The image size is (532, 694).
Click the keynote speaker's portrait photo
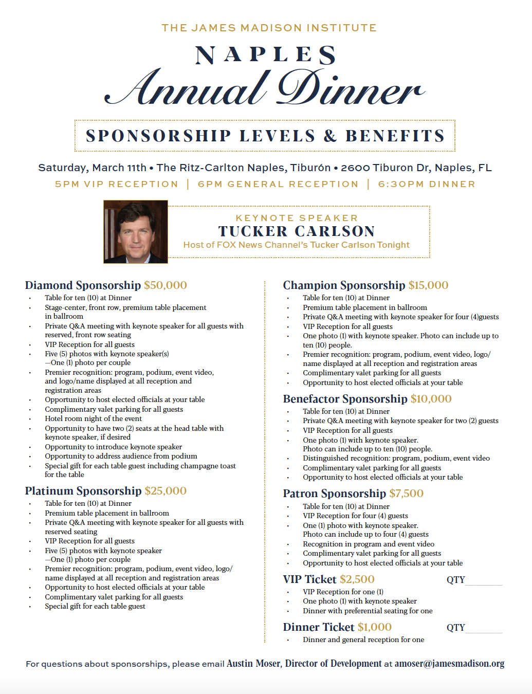coord(136,232)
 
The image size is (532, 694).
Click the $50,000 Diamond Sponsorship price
coord(166,285)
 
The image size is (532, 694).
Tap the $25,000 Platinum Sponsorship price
coord(166,491)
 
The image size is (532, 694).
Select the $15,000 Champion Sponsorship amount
coord(428,285)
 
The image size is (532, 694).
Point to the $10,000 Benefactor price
coord(431,399)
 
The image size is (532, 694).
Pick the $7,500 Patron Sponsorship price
coord(406,494)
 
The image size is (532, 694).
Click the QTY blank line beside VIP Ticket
coord(484,581)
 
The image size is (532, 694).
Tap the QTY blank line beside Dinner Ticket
coord(484,629)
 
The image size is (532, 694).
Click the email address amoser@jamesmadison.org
coord(449,664)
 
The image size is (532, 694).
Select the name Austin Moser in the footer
coord(253,664)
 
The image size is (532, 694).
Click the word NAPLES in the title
coord(266,56)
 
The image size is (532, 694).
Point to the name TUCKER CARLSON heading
coord(297,231)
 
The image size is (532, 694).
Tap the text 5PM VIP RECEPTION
coord(117,184)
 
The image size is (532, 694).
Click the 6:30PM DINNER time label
coord(427,184)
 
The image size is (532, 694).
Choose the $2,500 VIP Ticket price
coord(357,579)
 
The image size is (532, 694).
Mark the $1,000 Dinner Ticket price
coord(375,627)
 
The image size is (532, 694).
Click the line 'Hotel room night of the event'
coord(93,418)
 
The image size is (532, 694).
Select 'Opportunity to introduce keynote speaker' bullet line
coord(113,447)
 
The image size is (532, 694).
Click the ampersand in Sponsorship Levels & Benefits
coord(330,136)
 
